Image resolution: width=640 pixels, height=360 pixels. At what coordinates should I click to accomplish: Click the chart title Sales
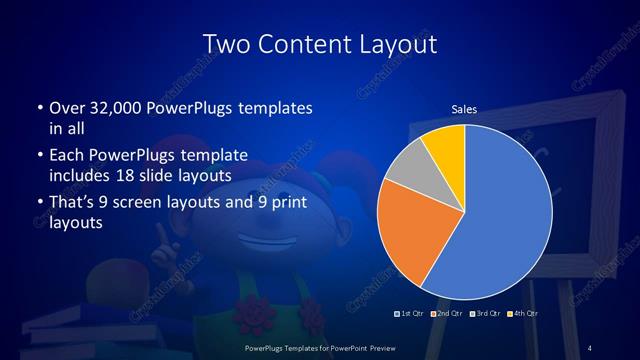tap(463, 109)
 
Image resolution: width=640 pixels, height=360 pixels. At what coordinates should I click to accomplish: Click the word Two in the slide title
tap(225, 45)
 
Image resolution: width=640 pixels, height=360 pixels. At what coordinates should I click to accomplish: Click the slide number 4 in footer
tap(590, 347)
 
